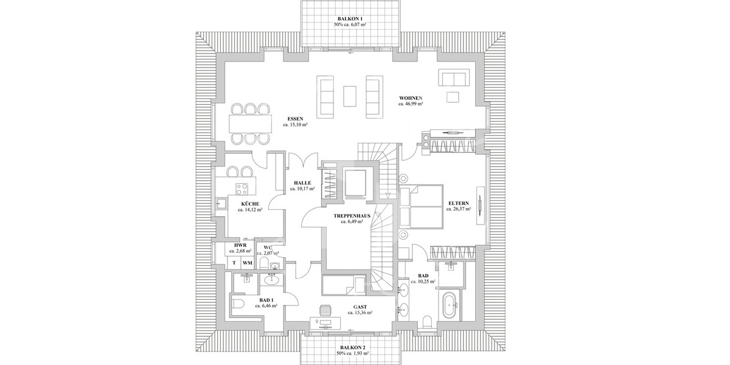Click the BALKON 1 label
349,18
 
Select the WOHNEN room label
411,98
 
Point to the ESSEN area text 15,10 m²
294,125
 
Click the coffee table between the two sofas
349,96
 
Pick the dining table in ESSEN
251,124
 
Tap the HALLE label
302,182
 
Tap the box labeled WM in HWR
247,263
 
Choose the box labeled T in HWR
234,263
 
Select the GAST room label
360,307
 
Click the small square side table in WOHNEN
452,97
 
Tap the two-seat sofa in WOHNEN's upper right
453,78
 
